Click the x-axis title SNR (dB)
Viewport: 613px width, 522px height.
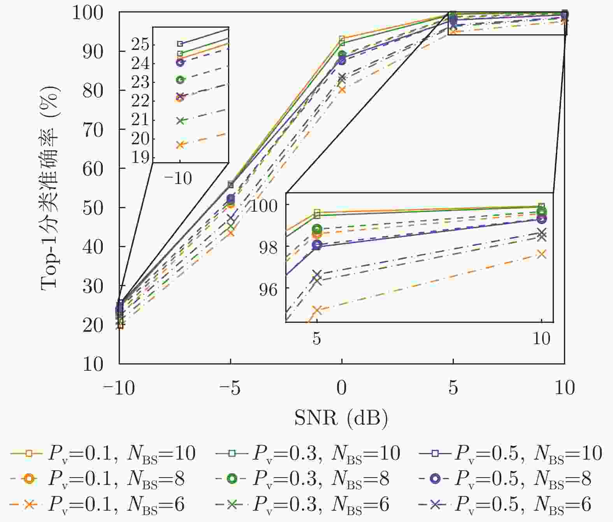341,418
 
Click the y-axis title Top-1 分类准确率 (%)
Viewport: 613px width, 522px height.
51,188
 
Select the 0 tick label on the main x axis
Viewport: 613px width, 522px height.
341,388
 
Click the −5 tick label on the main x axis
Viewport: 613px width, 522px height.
230,388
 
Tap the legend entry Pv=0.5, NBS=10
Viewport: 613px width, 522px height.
510,453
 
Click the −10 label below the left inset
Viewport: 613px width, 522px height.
178,179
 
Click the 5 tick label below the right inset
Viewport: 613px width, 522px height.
317,338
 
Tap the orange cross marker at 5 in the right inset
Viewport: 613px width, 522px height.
317,310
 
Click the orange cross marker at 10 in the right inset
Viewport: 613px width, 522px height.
541,254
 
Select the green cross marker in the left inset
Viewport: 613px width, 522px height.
180,121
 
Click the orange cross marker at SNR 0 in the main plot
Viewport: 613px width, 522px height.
342,90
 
